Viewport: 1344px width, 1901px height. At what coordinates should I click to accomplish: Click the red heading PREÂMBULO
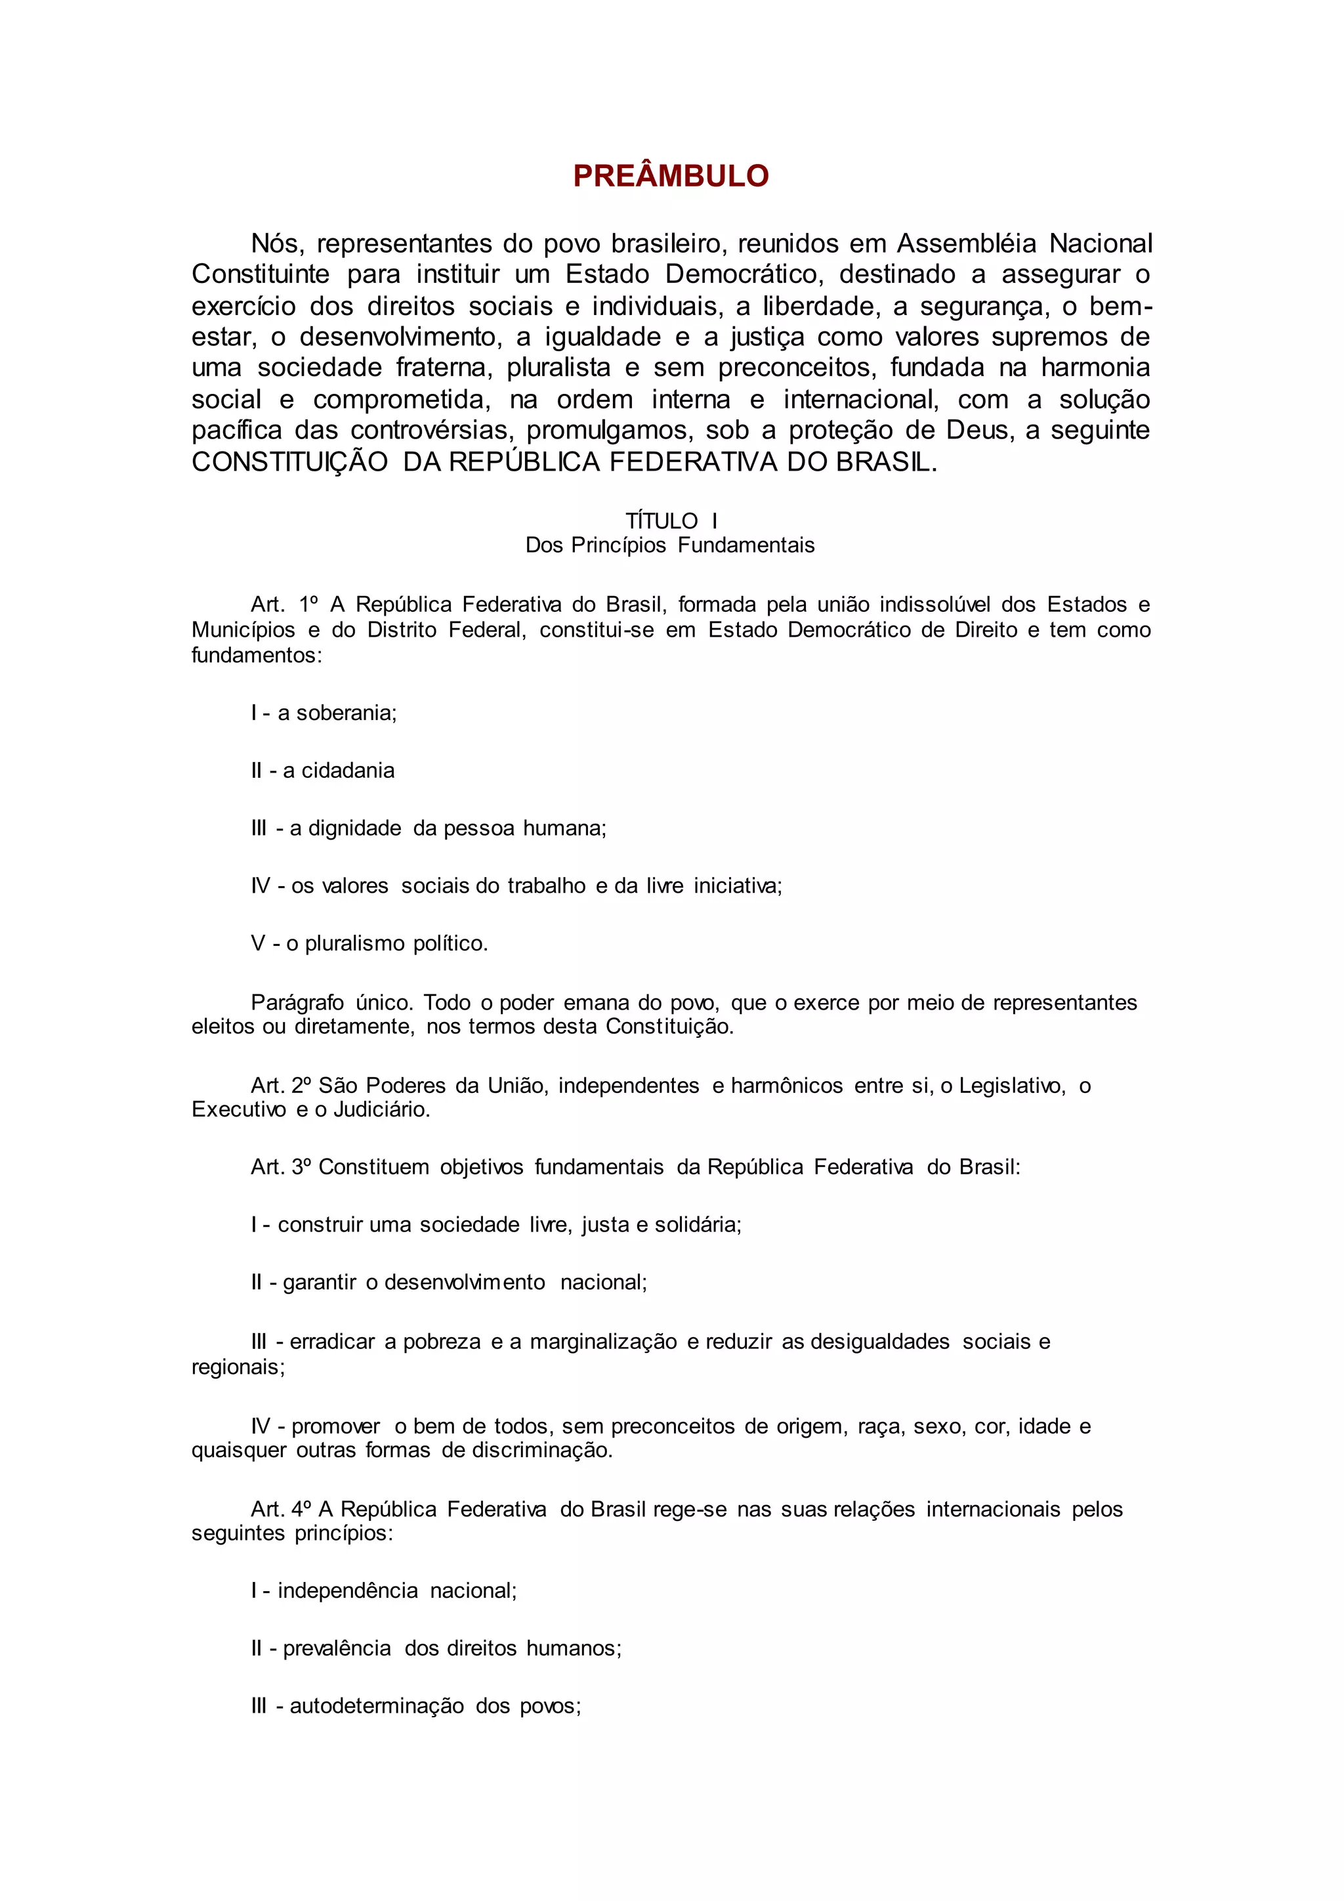671,175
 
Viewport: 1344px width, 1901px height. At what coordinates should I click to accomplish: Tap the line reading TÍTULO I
671,521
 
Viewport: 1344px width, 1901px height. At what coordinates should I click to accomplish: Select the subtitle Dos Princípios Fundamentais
670,545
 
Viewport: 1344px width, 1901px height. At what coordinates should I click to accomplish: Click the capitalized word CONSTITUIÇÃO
289,462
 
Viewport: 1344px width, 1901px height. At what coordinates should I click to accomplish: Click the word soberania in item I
346,713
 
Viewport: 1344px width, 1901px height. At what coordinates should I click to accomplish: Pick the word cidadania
348,771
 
